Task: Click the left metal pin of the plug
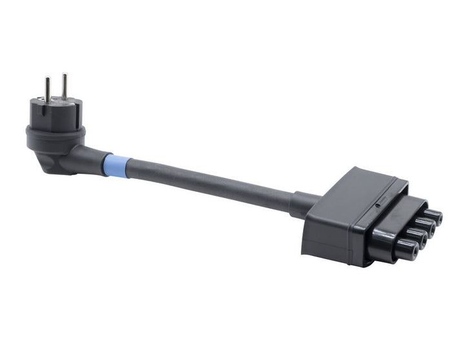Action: tap(48, 89)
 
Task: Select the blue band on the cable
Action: tap(116, 165)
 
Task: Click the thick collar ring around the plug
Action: tap(55, 136)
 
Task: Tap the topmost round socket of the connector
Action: tap(433, 217)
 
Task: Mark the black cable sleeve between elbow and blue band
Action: tap(91, 158)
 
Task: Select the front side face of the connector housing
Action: tap(329, 233)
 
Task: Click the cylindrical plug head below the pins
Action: tap(56, 116)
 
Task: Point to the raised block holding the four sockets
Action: tap(394, 226)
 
